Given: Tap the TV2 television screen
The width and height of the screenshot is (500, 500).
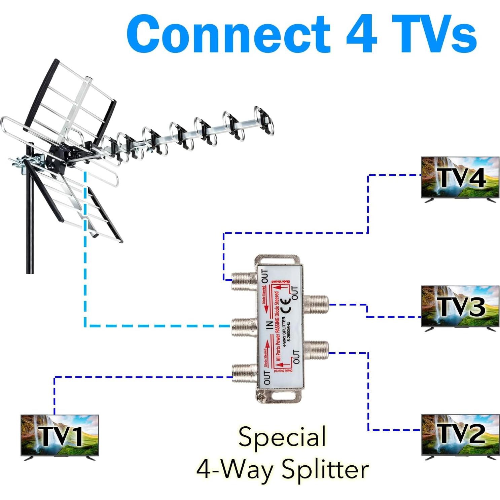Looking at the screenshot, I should (x=460, y=434).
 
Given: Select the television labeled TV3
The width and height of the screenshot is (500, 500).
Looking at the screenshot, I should (x=460, y=306).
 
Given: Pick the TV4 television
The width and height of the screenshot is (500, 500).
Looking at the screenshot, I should (x=460, y=177).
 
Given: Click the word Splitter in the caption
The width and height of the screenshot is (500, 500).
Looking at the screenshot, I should (x=325, y=469).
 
